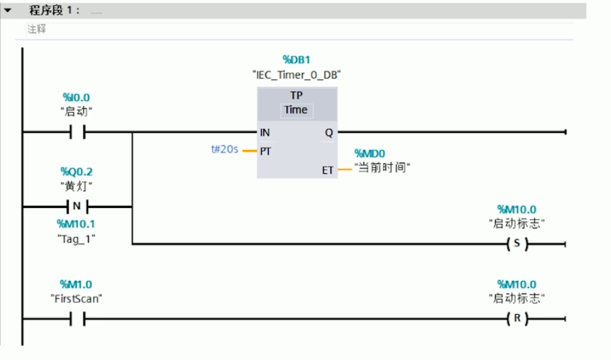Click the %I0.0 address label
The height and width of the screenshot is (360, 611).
[x=76, y=97]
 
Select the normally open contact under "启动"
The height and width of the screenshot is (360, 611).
[x=76, y=133]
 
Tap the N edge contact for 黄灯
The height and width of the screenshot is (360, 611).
[x=76, y=207]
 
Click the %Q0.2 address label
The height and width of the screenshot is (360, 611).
[x=77, y=172]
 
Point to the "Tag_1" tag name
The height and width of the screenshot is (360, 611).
[x=77, y=239]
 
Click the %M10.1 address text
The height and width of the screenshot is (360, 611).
[x=76, y=224]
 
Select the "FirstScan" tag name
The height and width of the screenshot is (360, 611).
[x=76, y=299]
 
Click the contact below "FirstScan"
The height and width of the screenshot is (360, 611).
[x=76, y=319]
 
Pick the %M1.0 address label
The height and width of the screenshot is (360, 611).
[x=76, y=285]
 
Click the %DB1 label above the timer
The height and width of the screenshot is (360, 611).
[x=296, y=60]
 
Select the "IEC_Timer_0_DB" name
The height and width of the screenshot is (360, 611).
[x=296, y=75]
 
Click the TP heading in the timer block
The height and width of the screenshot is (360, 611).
[x=296, y=95]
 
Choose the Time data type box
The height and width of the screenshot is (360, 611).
[x=296, y=110]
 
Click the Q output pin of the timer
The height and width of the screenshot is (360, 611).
[x=329, y=133]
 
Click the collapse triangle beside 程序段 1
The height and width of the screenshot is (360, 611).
[x=8, y=11]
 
